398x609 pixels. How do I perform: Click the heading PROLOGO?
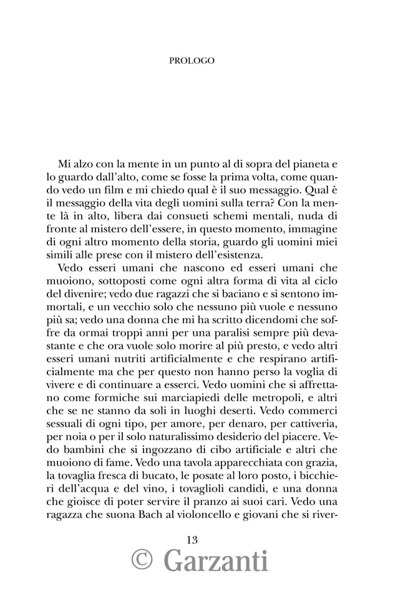click(x=192, y=61)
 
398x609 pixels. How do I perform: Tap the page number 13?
click(x=192, y=540)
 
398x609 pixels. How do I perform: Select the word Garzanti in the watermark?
click(x=216, y=561)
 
